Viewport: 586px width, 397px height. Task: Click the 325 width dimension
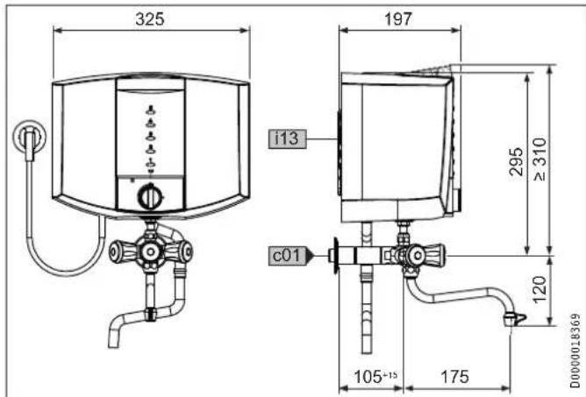point(150,19)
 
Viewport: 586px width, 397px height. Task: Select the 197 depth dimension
point(398,19)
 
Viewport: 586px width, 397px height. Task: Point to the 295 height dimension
point(516,161)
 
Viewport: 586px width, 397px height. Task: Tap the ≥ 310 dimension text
point(540,160)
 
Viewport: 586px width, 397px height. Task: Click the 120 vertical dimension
point(540,289)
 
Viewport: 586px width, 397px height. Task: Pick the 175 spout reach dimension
point(454,377)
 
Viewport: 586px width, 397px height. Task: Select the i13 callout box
point(287,139)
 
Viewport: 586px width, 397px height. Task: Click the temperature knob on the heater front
point(150,196)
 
